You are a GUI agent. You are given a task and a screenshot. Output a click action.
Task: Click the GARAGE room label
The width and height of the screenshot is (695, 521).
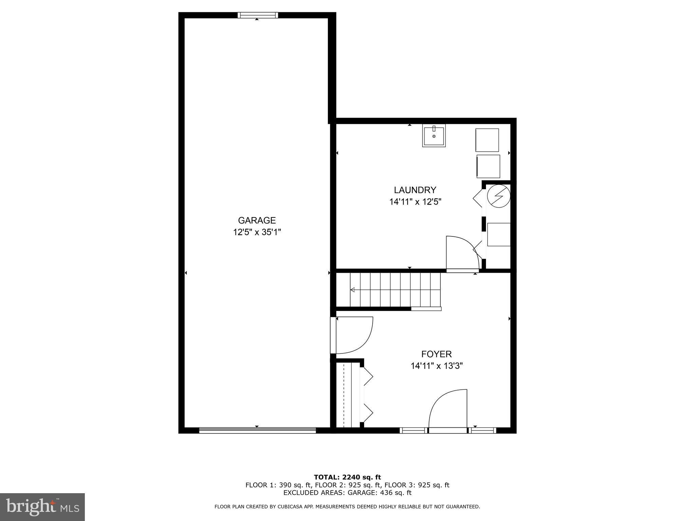tap(257, 220)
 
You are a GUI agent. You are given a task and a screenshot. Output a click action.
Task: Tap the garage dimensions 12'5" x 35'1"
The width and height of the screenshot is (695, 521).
tap(257, 232)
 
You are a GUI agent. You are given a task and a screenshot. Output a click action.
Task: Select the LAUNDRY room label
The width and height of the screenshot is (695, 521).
tap(415, 190)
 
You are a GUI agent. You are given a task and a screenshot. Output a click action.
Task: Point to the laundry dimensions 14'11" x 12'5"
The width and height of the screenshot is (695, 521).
tap(415, 202)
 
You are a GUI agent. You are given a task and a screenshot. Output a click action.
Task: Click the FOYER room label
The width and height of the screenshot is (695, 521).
tap(436, 354)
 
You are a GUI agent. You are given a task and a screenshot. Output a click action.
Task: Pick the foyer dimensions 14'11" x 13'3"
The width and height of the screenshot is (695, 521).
tap(437, 366)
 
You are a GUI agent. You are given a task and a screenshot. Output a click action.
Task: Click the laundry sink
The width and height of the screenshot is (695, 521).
tap(434, 136)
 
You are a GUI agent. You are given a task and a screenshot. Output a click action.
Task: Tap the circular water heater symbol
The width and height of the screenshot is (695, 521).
tap(499, 196)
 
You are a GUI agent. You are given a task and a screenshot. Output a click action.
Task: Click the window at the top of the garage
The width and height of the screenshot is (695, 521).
tap(258, 15)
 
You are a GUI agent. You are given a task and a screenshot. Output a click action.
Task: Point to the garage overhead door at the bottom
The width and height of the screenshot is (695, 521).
tap(257, 430)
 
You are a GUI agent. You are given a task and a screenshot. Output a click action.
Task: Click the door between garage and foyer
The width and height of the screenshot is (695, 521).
tap(353, 335)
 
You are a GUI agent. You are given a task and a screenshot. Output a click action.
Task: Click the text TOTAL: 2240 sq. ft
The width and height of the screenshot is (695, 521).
tap(347, 477)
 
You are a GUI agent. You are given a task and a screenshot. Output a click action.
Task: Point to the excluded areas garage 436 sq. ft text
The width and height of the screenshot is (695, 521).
tap(347, 493)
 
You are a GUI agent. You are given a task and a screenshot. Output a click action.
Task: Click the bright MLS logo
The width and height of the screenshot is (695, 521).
tap(42, 507)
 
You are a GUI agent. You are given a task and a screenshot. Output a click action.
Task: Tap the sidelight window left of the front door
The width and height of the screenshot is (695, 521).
tap(413, 430)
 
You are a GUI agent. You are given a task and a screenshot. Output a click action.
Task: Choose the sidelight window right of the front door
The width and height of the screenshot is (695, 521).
tap(483, 430)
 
